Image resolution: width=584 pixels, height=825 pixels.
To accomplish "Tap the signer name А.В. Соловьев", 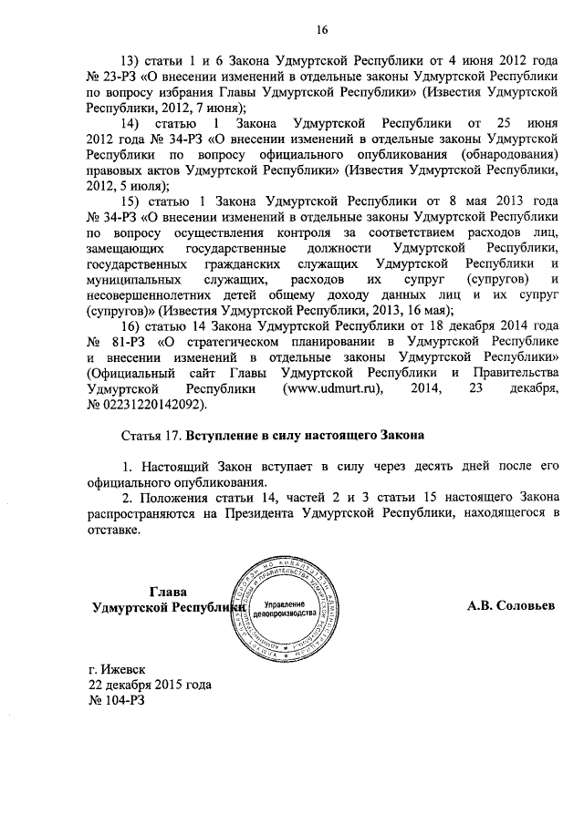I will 511,604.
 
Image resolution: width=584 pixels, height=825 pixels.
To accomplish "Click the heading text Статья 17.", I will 152,436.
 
